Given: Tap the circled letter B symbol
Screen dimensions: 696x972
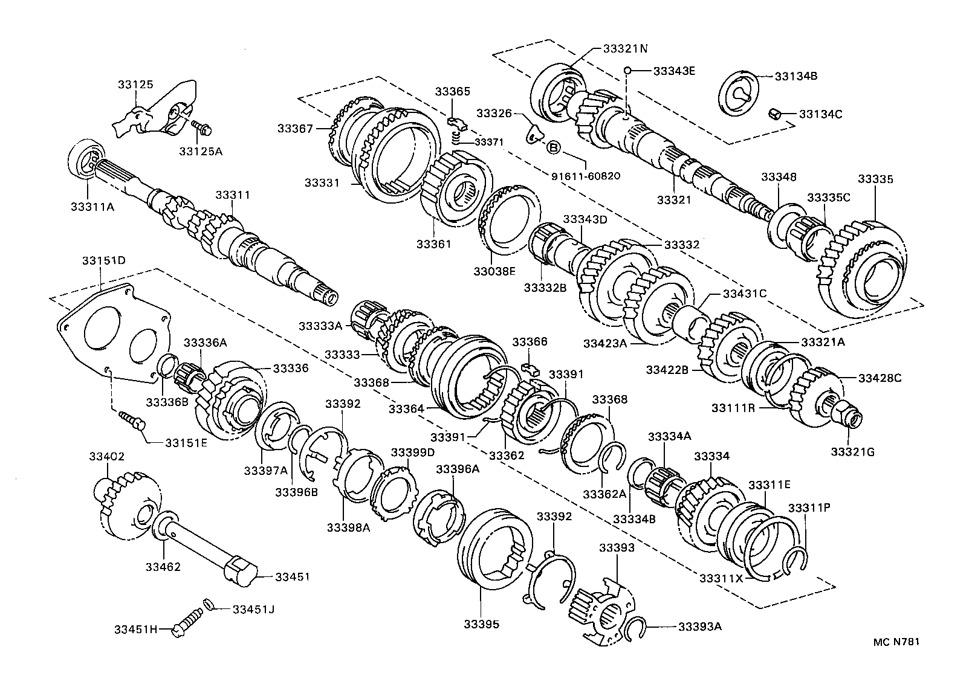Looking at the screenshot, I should click(553, 147).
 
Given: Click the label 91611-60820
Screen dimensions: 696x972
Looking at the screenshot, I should click(586, 176).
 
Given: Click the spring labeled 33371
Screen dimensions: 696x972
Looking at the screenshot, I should click(459, 140).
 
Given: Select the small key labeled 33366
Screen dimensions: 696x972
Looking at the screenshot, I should click(531, 368).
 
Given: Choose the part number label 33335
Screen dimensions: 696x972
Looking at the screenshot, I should click(875, 179).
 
